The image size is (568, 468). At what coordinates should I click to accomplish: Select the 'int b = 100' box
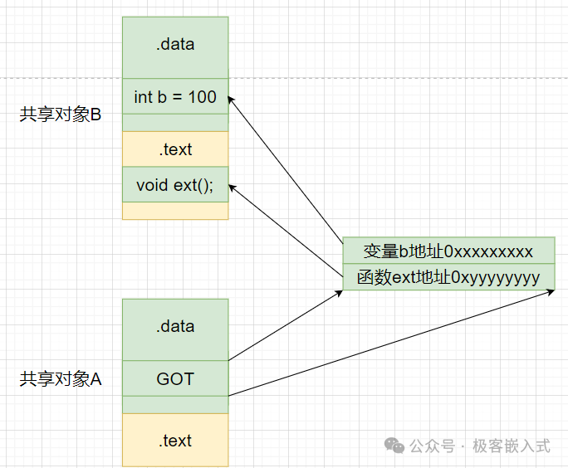(x=175, y=97)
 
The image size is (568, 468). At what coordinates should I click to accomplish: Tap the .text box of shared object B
(x=175, y=149)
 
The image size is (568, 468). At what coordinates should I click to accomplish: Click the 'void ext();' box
(x=175, y=184)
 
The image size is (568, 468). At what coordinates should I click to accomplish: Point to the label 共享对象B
(x=60, y=115)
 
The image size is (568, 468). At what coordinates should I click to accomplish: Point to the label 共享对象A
(x=60, y=379)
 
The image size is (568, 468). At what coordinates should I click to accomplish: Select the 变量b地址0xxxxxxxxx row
(x=448, y=251)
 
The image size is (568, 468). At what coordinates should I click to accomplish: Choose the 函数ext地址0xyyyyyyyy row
(x=448, y=277)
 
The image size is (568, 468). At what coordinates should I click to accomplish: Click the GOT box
(x=175, y=379)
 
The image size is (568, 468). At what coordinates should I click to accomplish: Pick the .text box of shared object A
(x=175, y=441)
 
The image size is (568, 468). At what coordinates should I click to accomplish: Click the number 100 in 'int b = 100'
(x=202, y=97)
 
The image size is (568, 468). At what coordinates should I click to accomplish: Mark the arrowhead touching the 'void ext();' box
(x=232, y=187)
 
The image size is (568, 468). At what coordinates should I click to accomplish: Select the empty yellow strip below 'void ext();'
(x=175, y=211)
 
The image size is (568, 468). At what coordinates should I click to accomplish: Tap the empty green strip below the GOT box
(x=175, y=405)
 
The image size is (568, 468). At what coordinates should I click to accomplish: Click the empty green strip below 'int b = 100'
(x=175, y=123)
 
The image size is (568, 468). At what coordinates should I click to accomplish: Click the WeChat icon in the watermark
(x=394, y=446)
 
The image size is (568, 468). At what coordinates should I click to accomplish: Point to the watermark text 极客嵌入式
(x=512, y=446)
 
